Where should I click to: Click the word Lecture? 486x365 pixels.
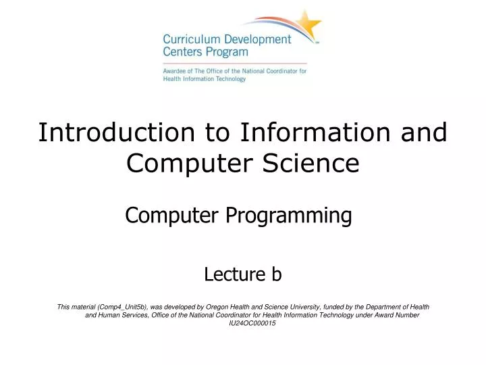point(234,274)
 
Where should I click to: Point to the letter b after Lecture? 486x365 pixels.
point(276,274)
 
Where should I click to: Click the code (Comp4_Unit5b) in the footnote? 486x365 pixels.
point(126,307)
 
